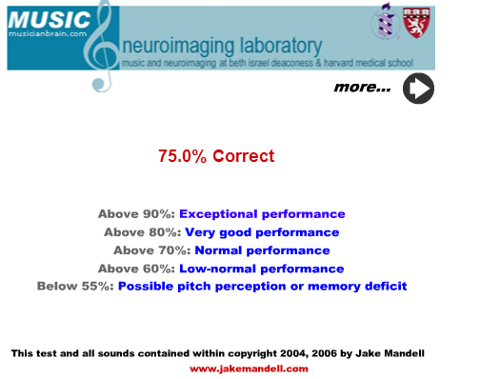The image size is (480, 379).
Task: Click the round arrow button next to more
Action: [418, 89]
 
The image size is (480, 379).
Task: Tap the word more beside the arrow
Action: [362, 87]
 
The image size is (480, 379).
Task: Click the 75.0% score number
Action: [182, 156]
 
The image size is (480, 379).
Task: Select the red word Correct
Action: [244, 156]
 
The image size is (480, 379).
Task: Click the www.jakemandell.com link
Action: [249, 369]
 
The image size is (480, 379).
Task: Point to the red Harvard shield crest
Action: [416, 23]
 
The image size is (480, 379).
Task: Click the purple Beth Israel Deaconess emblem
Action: [385, 21]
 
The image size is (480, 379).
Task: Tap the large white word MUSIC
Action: [50, 20]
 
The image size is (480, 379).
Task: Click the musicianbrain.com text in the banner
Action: [48, 33]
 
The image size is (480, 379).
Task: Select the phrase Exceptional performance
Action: [262, 214]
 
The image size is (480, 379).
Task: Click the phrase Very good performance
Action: [262, 232]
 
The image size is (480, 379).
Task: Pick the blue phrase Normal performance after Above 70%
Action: [262, 250]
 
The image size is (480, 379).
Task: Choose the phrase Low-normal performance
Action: [262, 269]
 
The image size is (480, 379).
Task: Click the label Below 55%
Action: [75, 286]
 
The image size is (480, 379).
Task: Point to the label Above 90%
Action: [136, 214]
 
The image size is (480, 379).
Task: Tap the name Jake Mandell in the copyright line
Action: [390, 353]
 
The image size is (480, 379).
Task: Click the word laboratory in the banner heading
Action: [281, 47]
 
